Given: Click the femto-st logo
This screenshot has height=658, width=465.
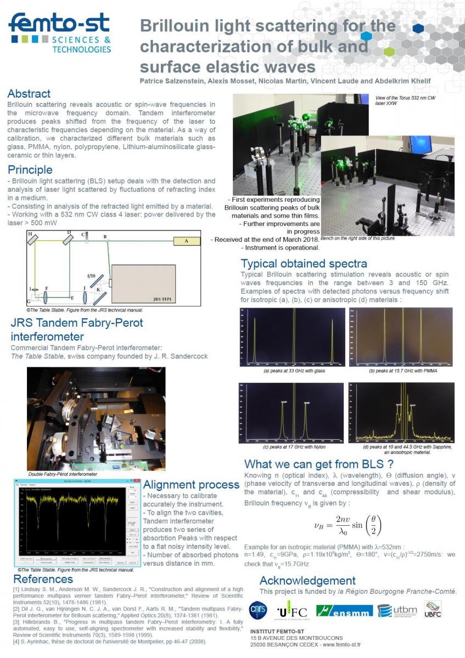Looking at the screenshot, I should point(60,33).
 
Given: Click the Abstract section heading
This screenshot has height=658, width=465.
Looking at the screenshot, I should point(29,94).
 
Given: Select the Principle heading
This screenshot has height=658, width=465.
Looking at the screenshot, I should point(31,169).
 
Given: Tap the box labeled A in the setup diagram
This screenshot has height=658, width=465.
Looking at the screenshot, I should point(186,241).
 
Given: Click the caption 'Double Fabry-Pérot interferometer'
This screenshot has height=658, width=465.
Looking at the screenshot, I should point(63,474).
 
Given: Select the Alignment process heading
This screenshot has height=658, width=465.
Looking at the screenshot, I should point(191,485).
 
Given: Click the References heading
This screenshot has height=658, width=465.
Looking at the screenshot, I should point(43,579).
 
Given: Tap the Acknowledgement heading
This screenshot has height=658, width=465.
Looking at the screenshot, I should point(307,581).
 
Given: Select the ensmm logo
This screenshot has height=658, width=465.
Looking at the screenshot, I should point(352,611).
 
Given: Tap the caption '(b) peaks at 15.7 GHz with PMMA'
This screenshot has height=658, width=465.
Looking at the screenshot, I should point(403,371).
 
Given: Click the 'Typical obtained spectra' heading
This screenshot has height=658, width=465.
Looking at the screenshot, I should point(304,263).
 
